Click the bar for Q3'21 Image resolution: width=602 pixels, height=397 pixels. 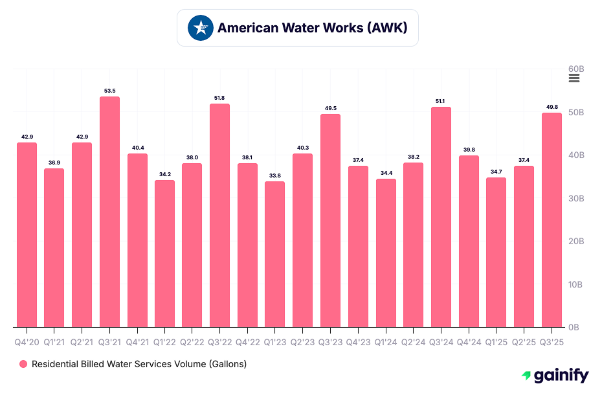coord(109,212)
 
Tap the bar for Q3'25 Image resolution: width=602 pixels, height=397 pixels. coord(552,220)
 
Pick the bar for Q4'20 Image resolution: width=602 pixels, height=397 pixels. coord(27,234)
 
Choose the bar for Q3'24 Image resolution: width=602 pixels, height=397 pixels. coord(441,217)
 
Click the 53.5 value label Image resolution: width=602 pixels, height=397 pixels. coord(109,91)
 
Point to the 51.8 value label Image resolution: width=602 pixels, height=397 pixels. coord(220,98)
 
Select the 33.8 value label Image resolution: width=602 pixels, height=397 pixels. coord(275,176)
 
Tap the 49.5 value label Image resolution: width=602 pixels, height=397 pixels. coord(330,108)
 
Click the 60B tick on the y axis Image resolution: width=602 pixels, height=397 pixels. coord(577,69)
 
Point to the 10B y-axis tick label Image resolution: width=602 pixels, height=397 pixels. coord(577,284)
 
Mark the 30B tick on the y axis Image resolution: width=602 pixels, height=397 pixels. coord(577,198)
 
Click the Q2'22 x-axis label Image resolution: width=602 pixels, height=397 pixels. coord(192,341)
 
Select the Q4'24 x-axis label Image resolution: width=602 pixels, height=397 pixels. coord(469,341)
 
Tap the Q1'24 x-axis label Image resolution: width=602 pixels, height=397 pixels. coord(386,341)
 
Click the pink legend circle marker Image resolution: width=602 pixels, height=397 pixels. coord(24,364)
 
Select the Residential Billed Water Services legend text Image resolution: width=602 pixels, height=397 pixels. coord(139,364)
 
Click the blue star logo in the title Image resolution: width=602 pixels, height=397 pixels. coord(201,28)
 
